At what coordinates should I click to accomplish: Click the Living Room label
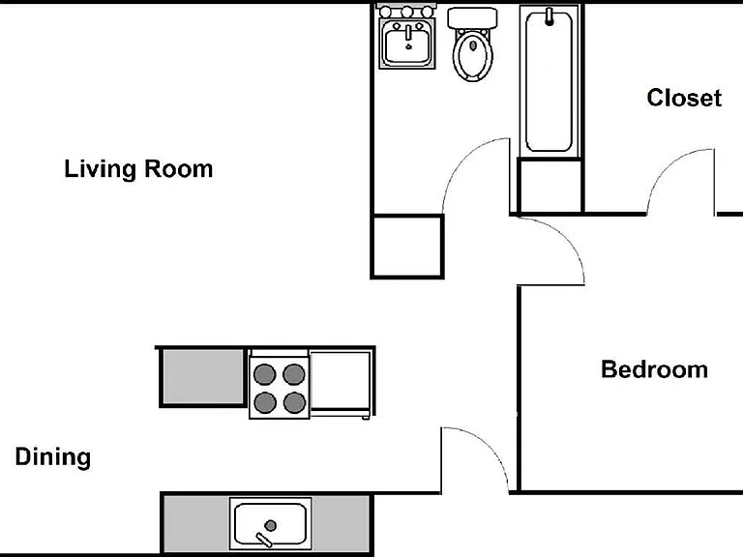pos(138,169)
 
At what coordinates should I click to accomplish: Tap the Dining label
pos(53,456)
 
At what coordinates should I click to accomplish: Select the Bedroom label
pos(654,369)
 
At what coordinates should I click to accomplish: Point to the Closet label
pos(684,98)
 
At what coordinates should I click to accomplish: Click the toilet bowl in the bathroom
pos(472,55)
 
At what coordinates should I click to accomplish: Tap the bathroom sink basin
pos(407,44)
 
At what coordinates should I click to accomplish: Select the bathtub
pos(550,81)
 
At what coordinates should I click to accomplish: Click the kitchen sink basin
pos(271,523)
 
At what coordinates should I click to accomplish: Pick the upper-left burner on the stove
pos(264,374)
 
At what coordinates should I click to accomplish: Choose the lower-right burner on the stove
pos(295,403)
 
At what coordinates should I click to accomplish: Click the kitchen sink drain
pos(271,525)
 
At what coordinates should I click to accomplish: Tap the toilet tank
pos(472,18)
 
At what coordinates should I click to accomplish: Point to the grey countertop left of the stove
pos(203,377)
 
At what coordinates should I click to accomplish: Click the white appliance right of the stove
pos(341,380)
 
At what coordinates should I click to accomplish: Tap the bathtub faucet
pos(550,16)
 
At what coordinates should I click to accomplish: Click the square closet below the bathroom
pos(407,247)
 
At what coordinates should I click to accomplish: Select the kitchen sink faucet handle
pos(263,540)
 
